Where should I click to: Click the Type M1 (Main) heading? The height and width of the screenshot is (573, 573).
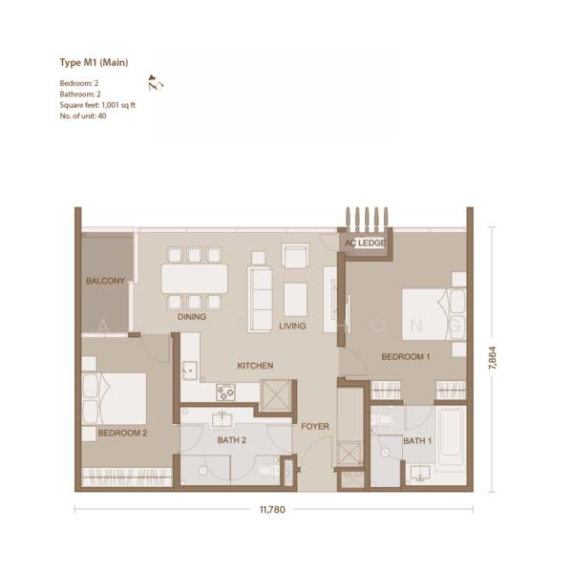[x=94, y=63]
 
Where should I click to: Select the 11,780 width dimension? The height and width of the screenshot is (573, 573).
[x=272, y=509]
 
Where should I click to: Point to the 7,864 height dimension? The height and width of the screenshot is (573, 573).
[x=492, y=357]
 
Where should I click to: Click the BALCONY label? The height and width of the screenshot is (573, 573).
[x=105, y=281]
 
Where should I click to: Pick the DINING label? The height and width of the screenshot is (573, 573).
[x=192, y=317]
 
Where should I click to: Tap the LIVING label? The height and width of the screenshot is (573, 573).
[x=292, y=326]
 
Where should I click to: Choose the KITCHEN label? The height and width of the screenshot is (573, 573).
[x=255, y=366]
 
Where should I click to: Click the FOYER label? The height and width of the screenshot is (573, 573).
[x=315, y=426]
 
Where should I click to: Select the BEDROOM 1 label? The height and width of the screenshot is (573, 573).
[x=406, y=356]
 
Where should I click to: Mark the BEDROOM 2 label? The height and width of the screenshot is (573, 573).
[x=122, y=433]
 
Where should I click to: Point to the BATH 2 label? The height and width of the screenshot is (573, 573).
[x=232, y=440]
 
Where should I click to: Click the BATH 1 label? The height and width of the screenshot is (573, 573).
[x=417, y=441]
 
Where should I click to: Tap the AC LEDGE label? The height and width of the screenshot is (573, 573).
[x=365, y=243]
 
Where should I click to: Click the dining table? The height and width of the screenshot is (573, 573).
[x=194, y=279]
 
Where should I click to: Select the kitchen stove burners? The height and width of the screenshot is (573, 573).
[x=225, y=393]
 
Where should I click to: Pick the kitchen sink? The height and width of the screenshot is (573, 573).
[x=190, y=371]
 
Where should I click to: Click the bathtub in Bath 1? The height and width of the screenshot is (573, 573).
[x=451, y=435]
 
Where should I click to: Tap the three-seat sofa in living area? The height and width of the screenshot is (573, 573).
[x=260, y=299]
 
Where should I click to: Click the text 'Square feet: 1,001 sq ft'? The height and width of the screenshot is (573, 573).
[x=97, y=105]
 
